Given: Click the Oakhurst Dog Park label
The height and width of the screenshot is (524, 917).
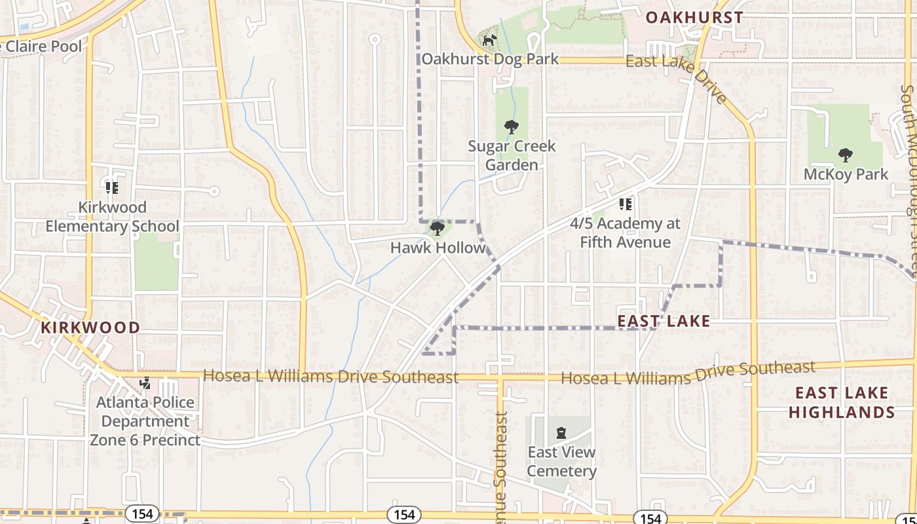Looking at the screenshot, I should pyautogui.click(x=490, y=59).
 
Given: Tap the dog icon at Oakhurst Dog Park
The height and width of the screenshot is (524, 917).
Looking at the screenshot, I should pyautogui.click(x=489, y=41).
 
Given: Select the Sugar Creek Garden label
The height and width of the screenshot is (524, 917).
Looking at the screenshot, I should pyautogui.click(x=512, y=155).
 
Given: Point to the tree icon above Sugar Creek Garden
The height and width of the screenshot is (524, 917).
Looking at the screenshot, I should pyautogui.click(x=512, y=126).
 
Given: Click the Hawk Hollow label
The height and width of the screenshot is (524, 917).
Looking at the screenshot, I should pyautogui.click(x=438, y=248).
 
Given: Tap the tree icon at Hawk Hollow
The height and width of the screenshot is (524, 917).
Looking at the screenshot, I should pyautogui.click(x=438, y=229).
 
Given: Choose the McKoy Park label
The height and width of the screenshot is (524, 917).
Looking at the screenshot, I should pyautogui.click(x=846, y=174).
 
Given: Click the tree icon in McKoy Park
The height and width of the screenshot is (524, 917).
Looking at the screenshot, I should pyautogui.click(x=846, y=155).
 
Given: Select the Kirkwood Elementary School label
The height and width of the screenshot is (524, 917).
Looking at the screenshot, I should pyautogui.click(x=112, y=217).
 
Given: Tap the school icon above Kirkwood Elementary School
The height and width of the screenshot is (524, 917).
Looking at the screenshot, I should pyautogui.click(x=112, y=188).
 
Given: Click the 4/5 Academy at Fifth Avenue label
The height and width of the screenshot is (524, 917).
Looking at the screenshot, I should pyautogui.click(x=625, y=233).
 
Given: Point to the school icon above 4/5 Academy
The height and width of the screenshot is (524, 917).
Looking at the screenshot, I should pyautogui.click(x=626, y=204).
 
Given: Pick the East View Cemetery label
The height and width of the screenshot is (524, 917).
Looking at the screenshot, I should pyautogui.click(x=561, y=462).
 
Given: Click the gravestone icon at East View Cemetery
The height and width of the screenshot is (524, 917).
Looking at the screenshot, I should pyautogui.click(x=561, y=432).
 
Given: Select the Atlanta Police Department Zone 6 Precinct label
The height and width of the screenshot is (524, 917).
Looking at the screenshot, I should pyautogui.click(x=145, y=421).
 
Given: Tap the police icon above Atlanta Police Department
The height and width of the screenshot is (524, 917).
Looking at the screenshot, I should pyautogui.click(x=145, y=383).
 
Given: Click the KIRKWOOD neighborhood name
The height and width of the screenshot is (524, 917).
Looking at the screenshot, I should pyautogui.click(x=90, y=327).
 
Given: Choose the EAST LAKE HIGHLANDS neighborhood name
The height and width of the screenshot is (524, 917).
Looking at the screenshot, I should pyautogui.click(x=842, y=402).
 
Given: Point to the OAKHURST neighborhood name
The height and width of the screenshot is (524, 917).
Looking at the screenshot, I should pyautogui.click(x=694, y=18).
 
